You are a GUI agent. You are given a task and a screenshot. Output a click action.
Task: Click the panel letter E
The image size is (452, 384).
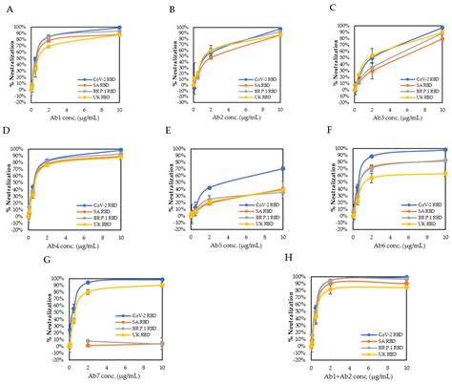click(168, 136)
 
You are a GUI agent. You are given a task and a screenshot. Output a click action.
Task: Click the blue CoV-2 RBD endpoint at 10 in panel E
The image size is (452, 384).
click(281, 169)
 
